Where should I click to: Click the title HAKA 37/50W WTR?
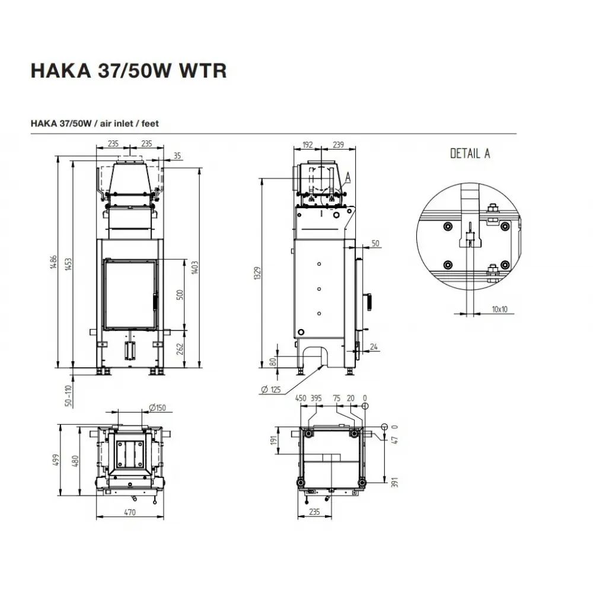[128, 70]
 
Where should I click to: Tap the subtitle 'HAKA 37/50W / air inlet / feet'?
[94, 123]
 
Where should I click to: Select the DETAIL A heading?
[470, 153]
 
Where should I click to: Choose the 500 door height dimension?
[180, 294]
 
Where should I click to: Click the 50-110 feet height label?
[69, 396]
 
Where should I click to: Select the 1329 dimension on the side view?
[257, 273]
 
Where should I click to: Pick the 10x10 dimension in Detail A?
[499, 309]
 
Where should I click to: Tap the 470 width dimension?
[130, 512]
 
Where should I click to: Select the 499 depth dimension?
[57, 460]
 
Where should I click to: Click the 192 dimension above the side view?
[307, 144]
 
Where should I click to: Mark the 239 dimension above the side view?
[337, 144]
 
